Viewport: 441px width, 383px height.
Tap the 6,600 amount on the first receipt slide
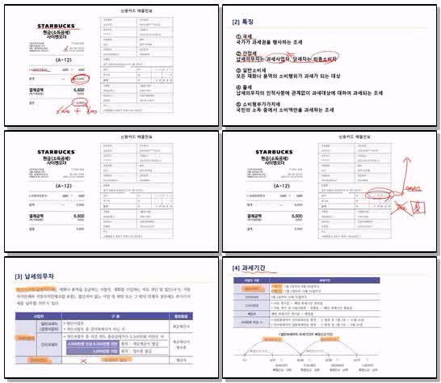coord(79,91)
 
